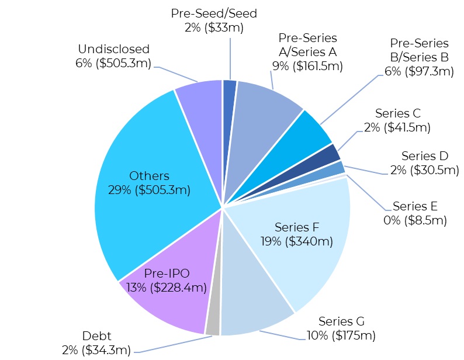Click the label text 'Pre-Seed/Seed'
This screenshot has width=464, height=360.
tap(214, 13)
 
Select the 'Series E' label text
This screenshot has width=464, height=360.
tap(415, 206)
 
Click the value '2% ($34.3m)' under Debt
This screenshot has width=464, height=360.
tap(96, 349)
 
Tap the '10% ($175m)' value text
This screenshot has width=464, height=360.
tap(340, 335)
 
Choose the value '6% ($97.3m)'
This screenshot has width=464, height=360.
tap(419, 71)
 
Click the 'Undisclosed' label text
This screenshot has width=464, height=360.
tap(113, 49)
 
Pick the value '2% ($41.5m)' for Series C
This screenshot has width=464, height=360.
tap(397, 127)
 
